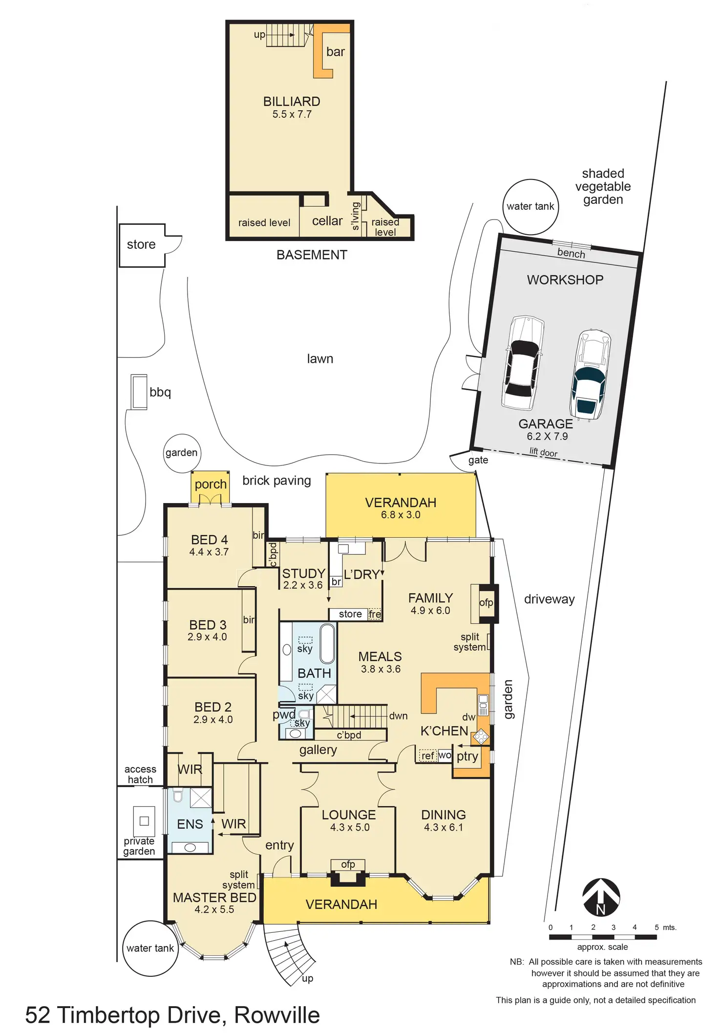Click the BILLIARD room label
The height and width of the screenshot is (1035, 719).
point(292,102)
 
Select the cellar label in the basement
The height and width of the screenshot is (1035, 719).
point(327,221)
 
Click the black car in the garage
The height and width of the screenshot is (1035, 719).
point(522,363)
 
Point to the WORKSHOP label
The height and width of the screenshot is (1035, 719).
point(565,280)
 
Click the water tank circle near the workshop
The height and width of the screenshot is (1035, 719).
point(530,206)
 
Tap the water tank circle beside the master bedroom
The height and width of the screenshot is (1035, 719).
point(150,948)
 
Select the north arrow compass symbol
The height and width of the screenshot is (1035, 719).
point(601,897)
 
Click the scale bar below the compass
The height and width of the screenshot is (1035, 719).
point(602,937)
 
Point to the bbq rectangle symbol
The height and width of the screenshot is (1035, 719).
point(139,392)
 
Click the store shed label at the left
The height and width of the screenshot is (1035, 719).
point(141,244)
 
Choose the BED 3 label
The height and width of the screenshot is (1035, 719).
point(208,625)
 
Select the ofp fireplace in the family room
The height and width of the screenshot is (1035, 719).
point(486,603)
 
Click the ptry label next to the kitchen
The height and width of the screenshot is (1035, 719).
point(467,756)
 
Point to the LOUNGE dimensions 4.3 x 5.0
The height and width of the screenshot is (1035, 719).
point(350,827)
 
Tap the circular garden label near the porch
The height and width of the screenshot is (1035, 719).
point(181,453)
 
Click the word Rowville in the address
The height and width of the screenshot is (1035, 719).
point(277,1015)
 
